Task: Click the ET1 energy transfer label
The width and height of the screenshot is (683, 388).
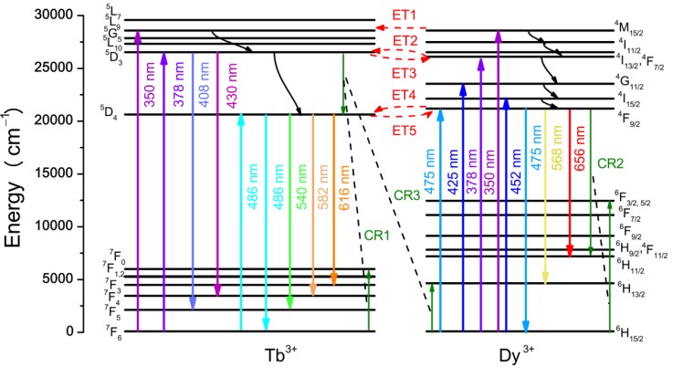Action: tap(405, 16)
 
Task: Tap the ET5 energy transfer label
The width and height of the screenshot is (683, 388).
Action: tap(405, 131)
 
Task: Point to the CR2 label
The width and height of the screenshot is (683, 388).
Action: tap(610, 163)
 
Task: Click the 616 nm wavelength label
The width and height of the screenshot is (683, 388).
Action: tap(346, 190)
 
